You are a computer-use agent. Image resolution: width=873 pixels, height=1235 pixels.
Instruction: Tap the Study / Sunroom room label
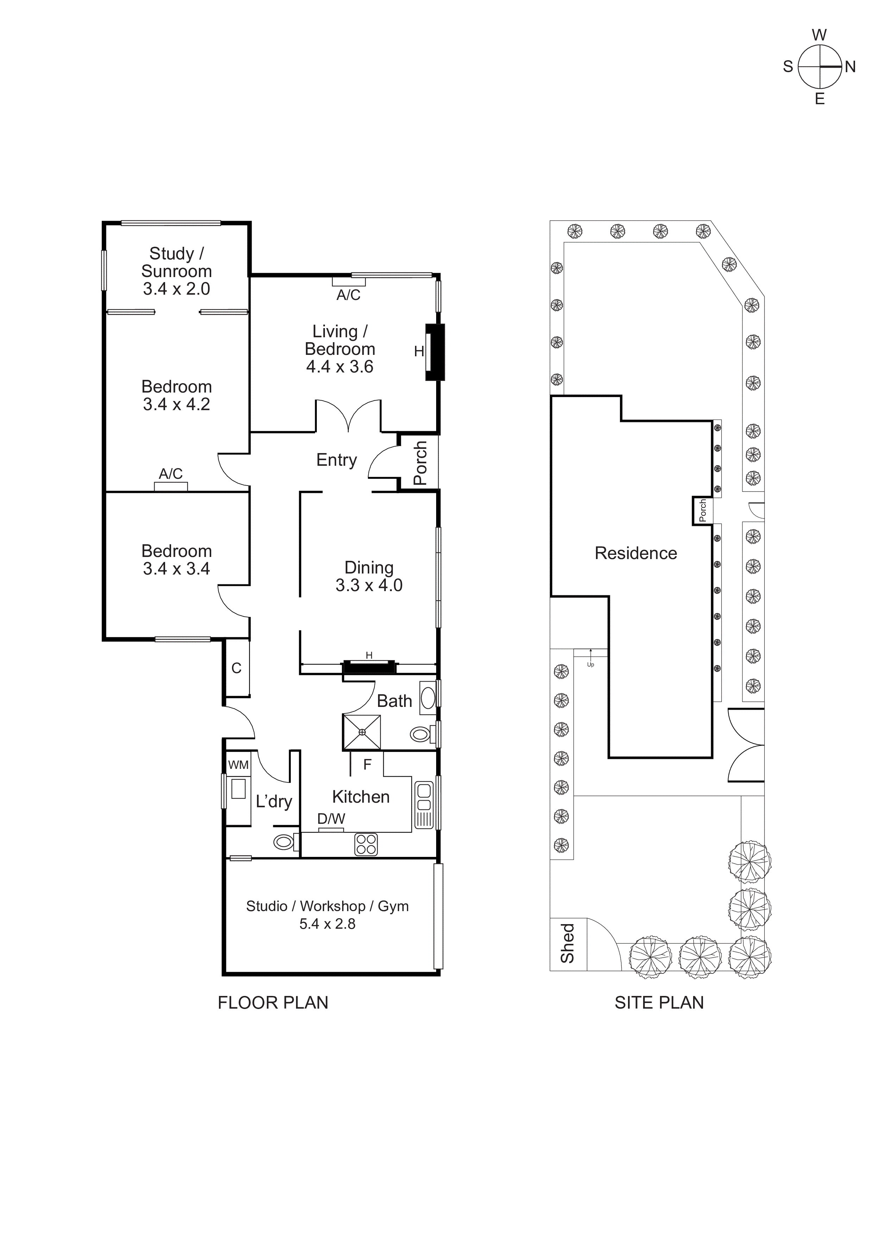pos(176,263)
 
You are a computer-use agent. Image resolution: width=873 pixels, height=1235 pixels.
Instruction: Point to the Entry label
pos(336,460)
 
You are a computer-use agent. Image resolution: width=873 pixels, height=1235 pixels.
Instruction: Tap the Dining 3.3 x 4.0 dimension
pos(369,585)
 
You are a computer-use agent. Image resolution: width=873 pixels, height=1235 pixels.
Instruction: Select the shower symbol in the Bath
pos(362,732)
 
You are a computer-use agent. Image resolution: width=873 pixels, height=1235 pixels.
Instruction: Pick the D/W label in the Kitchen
pos(331,819)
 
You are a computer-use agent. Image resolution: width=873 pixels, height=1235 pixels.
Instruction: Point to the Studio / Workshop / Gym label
pos(327,906)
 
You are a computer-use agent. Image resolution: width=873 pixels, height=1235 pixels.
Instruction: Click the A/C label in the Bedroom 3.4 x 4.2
pos(170,474)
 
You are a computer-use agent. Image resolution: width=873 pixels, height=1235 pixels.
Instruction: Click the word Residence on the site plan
pos(636,553)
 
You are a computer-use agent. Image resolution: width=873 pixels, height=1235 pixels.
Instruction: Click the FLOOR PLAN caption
pos(273,1003)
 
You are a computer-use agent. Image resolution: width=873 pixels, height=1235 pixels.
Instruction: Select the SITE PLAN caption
pos(659,1003)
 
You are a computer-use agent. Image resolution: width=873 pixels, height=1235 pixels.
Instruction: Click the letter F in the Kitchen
pos(368,764)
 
